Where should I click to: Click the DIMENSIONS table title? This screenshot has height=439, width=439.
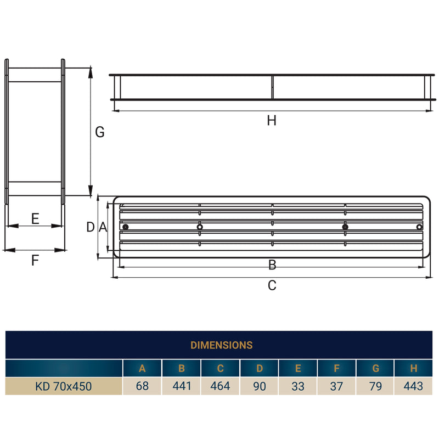point(221,345)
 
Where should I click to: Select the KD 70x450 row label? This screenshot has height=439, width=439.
point(64,386)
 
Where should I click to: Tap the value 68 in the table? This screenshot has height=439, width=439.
point(142,386)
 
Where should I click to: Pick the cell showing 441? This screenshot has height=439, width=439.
point(182,386)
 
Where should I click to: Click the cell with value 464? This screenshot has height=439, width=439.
point(220,386)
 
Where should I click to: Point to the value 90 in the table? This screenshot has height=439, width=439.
point(259,386)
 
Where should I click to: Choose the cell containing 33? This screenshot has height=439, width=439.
point(298,386)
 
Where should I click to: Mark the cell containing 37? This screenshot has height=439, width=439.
point(336,386)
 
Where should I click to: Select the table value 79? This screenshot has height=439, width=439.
point(375,386)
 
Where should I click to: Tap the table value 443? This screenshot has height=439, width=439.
point(413,386)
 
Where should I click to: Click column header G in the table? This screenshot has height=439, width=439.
point(375,369)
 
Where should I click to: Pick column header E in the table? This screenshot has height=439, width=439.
point(298,369)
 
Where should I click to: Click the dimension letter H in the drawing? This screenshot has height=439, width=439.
point(272,121)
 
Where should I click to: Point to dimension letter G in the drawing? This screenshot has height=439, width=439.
point(99,132)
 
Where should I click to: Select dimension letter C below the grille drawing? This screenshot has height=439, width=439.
point(272,285)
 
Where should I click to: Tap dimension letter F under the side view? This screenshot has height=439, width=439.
point(35,260)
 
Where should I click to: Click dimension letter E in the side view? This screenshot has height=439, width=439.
point(35,219)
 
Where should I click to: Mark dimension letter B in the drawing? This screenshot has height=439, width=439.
point(272,266)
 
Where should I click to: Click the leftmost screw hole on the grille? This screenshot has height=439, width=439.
point(126,227)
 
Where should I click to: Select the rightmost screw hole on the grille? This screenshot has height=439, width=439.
point(419,227)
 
